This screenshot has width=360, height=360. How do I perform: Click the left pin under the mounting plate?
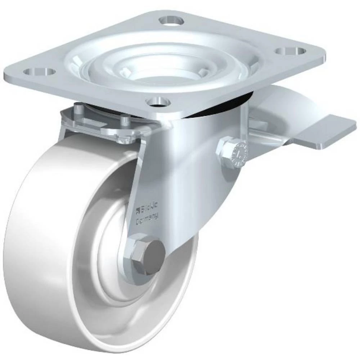pyautogui.click(x=78, y=108)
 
